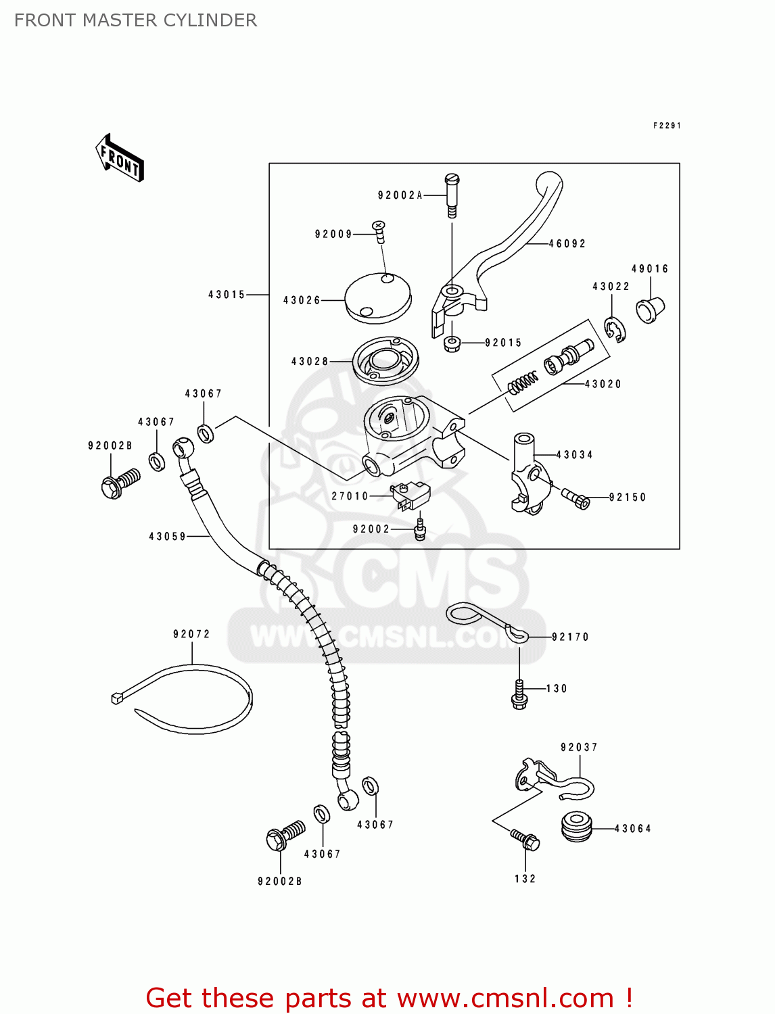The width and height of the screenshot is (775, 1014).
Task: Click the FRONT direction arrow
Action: pyautogui.click(x=120, y=158)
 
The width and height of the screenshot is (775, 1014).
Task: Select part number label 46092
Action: pyautogui.click(x=567, y=243)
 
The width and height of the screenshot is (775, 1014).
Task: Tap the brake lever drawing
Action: pyautogui.click(x=514, y=243)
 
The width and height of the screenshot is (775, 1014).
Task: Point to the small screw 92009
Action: pyautogui.click(x=379, y=231)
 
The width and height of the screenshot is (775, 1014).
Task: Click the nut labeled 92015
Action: pyautogui.click(x=452, y=344)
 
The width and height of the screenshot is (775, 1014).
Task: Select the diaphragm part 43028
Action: pyautogui.click(x=385, y=361)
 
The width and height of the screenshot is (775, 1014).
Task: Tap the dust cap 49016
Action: pyautogui.click(x=650, y=310)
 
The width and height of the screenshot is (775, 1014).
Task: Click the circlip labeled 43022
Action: pyautogui.click(x=615, y=330)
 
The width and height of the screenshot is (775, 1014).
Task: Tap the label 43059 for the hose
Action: pyautogui.click(x=167, y=536)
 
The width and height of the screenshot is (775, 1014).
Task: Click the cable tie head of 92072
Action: pyautogui.click(x=117, y=698)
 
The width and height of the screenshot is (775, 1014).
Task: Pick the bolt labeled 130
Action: pyautogui.click(x=519, y=695)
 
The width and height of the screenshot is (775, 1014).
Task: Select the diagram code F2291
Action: pyautogui.click(x=666, y=126)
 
